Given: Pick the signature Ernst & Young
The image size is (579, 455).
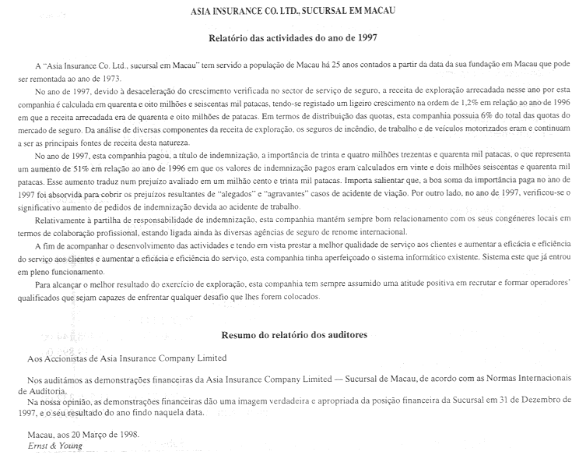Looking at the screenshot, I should [50, 446].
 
